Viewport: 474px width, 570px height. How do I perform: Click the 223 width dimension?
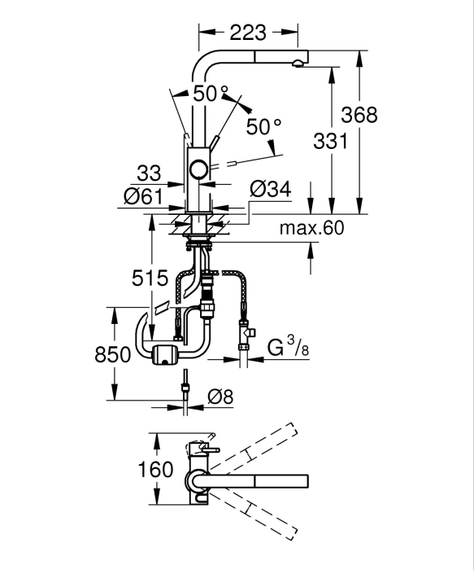[248, 33]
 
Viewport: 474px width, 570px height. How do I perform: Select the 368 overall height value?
[359, 115]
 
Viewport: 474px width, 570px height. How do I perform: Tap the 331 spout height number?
[330, 141]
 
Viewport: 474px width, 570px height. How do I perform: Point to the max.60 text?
[311, 228]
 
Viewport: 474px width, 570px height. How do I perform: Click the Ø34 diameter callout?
[271, 190]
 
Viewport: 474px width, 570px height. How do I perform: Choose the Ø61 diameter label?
[144, 197]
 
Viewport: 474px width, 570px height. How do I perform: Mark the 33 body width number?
[149, 173]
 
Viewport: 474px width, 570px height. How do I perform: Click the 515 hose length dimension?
[150, 278]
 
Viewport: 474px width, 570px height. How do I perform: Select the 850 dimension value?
[112, 355]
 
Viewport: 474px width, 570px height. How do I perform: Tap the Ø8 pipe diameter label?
[220, 397]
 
